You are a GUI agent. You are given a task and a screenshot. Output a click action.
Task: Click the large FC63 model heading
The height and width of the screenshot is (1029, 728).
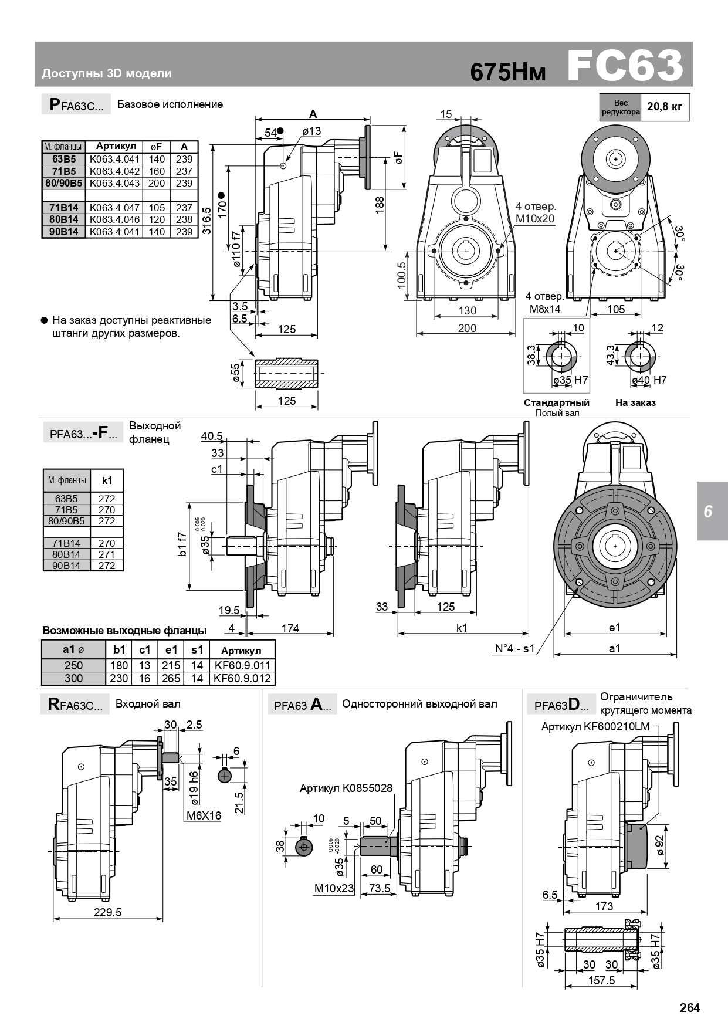click(x=625, y=66)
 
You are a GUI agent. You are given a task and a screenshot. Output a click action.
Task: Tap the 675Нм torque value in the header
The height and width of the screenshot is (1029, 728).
click(x=508, y=72)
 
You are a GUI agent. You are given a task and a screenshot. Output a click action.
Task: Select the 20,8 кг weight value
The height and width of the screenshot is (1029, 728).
click(x=664, y=107)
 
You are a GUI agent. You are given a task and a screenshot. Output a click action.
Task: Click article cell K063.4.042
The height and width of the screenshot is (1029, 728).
click(x=115, y=171)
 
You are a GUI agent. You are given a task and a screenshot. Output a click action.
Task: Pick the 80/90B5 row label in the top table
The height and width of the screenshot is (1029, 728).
click(x=64, y=183)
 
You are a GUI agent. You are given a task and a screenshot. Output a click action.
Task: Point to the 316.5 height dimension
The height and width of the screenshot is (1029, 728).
click(x=207, y=221)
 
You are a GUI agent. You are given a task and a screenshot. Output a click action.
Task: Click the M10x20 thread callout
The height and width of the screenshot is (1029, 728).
click(x=535, y=219)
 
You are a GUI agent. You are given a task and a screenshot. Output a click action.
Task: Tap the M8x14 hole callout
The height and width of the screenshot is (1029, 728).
click(x=545, y=309)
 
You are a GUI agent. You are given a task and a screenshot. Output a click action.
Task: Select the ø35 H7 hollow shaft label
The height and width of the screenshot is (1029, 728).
click(x=570, y=380)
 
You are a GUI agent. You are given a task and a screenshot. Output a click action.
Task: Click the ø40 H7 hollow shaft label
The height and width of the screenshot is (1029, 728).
click(x=649, y=380)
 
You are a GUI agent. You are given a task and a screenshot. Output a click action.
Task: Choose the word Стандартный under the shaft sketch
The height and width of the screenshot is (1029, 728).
click(x=556, y=403)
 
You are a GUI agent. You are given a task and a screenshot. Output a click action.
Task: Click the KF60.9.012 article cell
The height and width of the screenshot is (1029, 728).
click(x=242, y=678)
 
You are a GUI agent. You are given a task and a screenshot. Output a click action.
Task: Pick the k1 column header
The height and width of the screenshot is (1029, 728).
click(x=107, y=480)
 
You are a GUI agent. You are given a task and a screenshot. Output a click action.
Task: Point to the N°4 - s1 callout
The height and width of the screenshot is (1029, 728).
click(x=514, y=648)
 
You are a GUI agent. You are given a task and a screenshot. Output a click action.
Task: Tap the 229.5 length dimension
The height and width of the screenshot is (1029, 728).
click(x=107, y=912)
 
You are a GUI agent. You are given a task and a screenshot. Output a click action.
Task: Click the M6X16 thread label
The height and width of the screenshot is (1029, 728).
click(x=204, y=815)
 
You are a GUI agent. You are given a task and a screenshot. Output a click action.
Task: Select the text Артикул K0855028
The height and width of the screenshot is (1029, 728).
click(x=346, y=788)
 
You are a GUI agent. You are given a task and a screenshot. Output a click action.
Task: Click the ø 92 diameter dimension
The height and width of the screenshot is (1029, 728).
click(x=659, y=845)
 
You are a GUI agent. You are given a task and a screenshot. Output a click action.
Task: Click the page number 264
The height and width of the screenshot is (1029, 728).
click(x=690, y=1008)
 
